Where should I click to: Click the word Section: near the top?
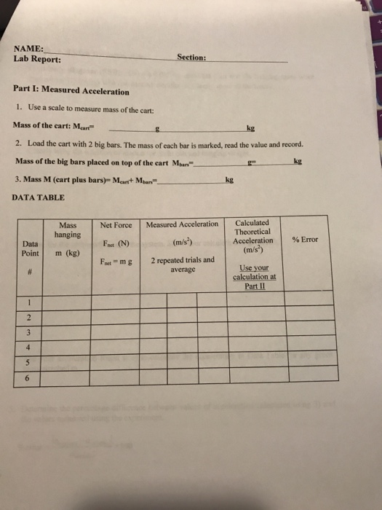tap(192, 57)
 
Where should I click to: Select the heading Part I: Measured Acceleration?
tap(71, 92)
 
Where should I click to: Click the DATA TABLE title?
tap(39, 197)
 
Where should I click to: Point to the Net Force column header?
tap(116, 225)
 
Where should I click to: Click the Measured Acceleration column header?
tap(182, 224)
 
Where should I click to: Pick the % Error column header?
tap(305, 240)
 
